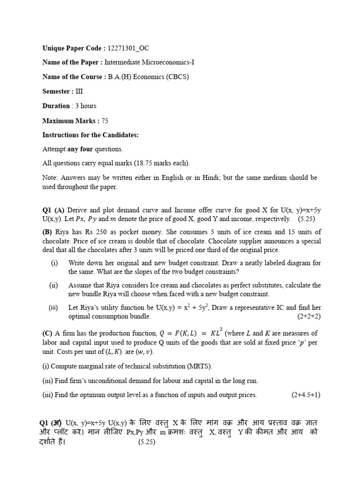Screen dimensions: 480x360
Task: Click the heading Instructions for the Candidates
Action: point(90,135)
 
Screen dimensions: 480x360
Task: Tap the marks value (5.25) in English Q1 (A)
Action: point(309,219)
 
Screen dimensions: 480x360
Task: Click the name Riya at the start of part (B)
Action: point(62,232)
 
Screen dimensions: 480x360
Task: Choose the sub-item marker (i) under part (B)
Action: point(54,263)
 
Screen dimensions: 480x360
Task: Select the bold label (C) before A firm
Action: point(47,333)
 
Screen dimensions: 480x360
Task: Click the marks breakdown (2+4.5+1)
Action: point(305,395)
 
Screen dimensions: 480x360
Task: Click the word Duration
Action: point(56,106)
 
